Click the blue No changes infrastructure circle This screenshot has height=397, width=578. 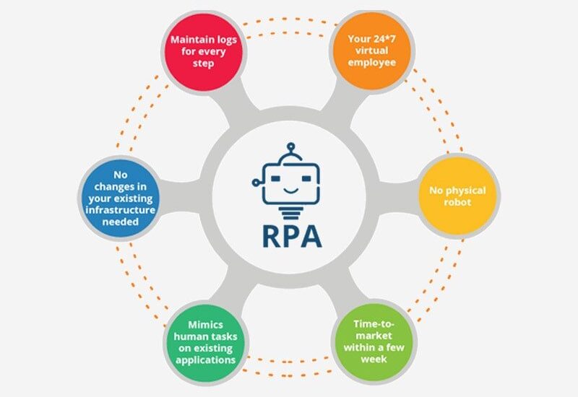pyautogui.click(x=115, y=196)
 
